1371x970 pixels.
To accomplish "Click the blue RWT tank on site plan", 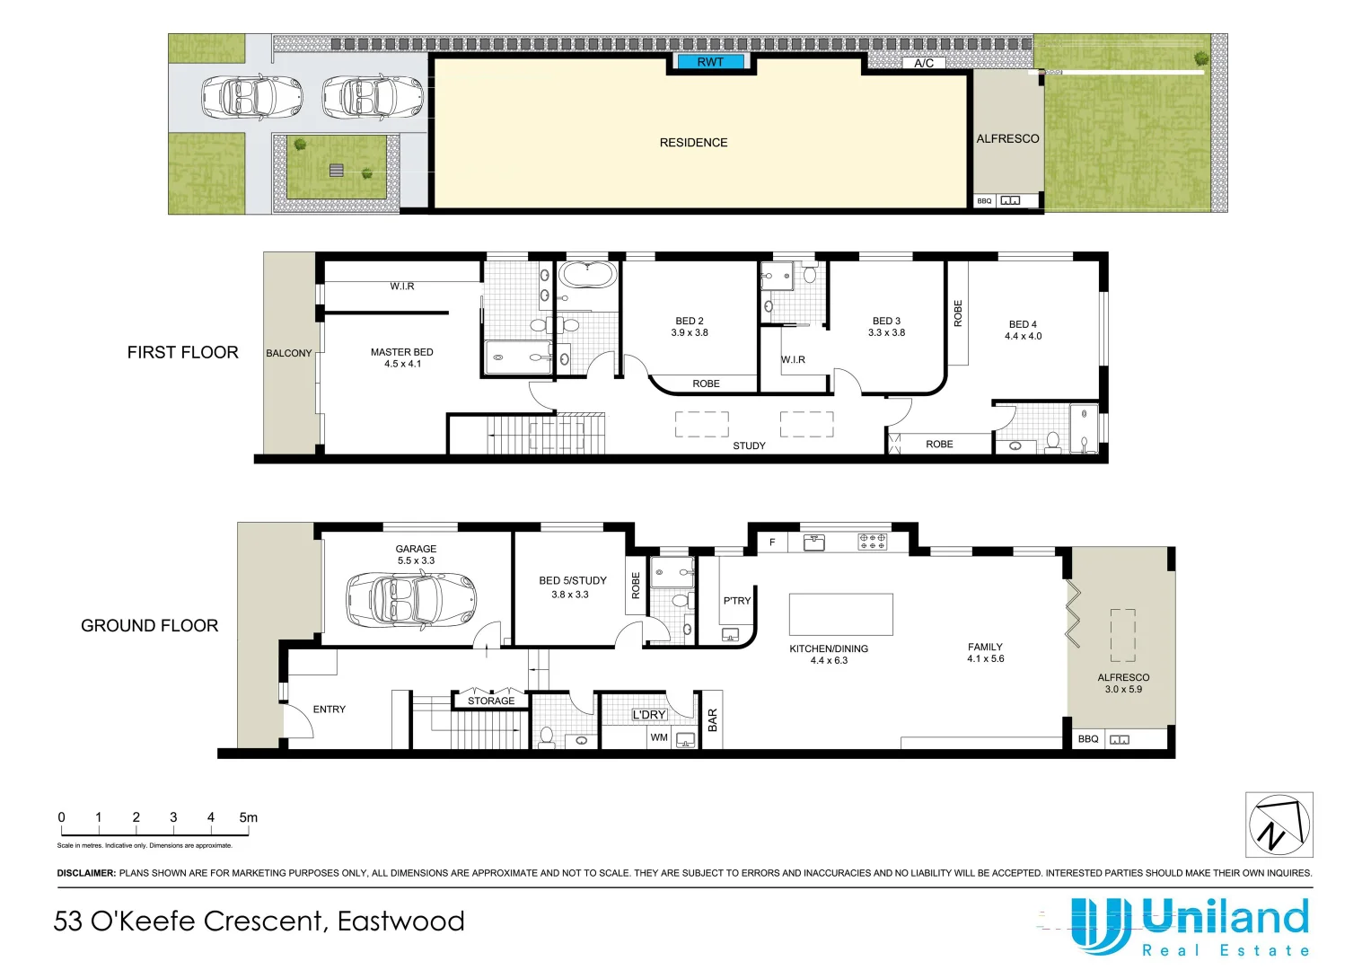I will coord(709,62).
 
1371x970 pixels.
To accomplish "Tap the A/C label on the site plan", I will coord(924,63).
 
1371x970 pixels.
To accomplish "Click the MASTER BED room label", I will coord(401,352).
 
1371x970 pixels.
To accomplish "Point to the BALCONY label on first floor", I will coord(288,353).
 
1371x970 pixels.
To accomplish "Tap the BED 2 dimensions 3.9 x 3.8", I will coord(689,333).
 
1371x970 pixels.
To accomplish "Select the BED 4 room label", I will coord(1023,324).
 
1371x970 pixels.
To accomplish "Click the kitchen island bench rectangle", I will coord(840,615).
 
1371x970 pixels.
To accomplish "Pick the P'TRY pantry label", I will coord(736,601).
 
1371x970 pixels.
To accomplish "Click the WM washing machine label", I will coord(659,737).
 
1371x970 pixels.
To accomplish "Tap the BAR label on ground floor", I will coord(713,719).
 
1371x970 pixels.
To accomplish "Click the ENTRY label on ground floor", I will coord(329,710).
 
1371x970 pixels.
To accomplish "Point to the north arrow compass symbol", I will coord(1279,824).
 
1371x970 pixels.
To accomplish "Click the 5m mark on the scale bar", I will coord(248,817).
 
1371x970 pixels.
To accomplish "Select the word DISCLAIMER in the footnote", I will coord(86,873).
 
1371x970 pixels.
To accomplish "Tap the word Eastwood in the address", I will coord(400,921).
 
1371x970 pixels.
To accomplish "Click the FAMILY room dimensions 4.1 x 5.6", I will coord(985,659).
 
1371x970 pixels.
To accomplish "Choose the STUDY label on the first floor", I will coord(749,445).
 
